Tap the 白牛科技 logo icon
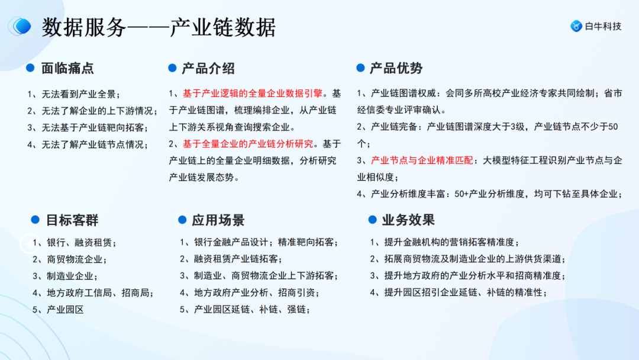pos(576,26)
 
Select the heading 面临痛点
pos(67,68)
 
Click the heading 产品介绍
pos(208,68)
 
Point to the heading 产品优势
pos(396,68)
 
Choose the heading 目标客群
pos(72,220)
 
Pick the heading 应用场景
pos(218,220)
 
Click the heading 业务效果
pos(408,220)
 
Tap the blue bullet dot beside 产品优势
pos(360,68)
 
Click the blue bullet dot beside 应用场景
pos(182,220)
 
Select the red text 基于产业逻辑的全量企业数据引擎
pos(253,94)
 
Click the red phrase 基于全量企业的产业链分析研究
pos(248,144)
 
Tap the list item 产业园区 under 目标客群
pos(65,309)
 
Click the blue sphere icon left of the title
pos(21,26)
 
